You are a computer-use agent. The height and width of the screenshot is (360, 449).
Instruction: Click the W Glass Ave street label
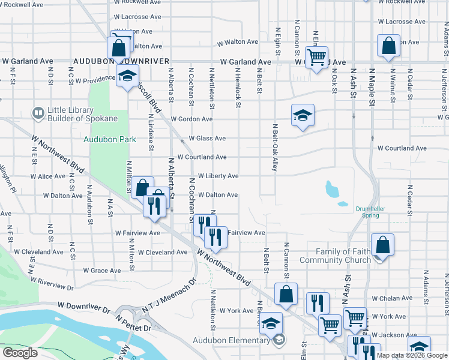pyautogui.click(x=207, y=139)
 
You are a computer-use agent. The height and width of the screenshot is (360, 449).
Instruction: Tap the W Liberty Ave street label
pyautogui.click(x=218, y=176)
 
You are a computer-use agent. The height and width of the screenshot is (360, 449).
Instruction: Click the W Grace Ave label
pyautogui.click(x=102, y=271)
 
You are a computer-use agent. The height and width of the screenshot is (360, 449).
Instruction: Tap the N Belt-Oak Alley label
pyautogui.click(x=274, y=148)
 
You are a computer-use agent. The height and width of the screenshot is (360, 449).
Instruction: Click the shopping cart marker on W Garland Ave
pyautogui.click(x=316, y=58)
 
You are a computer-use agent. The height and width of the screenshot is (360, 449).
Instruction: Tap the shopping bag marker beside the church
pyautogui.click(x=382, y=244)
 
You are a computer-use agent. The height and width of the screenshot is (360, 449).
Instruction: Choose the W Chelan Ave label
pyautogui.click(x=390, y=298)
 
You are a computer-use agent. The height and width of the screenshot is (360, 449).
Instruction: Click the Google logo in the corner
pyautogui.click(x=20, y=352)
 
